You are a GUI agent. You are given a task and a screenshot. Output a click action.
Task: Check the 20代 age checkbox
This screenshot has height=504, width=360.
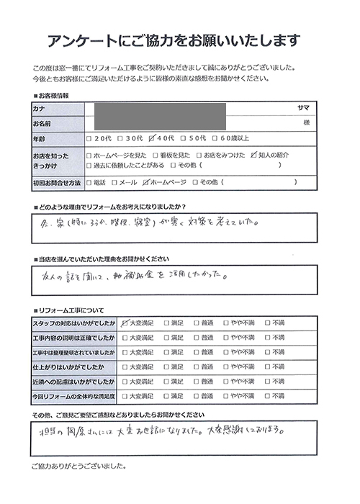tap(89, 138)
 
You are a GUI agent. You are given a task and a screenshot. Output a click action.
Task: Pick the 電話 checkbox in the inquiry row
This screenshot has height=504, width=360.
tap(89, 183)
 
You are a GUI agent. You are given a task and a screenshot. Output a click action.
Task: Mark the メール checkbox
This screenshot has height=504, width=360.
tap(114, 183)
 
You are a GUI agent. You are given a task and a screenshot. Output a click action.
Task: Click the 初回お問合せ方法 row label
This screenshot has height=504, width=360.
tap(56, 183)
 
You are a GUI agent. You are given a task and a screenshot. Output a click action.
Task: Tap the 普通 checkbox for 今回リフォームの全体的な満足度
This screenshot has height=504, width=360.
tap(197, 396)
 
